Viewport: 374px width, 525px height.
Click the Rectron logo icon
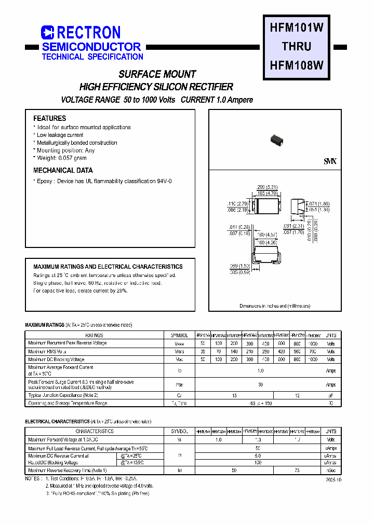pos(47,33)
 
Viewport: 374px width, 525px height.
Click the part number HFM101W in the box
pos(297,29)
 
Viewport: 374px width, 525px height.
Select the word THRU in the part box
pos(297,47)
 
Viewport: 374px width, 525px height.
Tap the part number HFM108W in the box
pos(297,65)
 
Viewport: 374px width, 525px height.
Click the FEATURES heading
pos(49,118)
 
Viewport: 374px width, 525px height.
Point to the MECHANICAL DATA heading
pos(63,170)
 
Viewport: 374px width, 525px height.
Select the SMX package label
pos(330,162)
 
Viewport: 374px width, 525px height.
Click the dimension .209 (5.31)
pos(268,187)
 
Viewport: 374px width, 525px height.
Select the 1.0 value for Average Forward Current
pos(260,370)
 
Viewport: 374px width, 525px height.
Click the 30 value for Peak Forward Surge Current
pos(260,384)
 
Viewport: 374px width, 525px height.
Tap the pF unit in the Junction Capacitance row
pos(331,395)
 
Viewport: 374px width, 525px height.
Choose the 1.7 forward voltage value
pos(297,439)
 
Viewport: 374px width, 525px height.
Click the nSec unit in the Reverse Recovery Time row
pos(331,470)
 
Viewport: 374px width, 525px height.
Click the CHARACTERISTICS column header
pos(94,431)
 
